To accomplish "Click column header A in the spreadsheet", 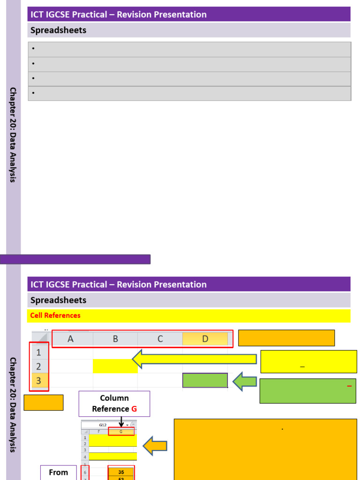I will point(71,339).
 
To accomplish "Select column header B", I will point(115,339).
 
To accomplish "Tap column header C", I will point(160,339).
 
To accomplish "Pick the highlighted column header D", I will point(205,339).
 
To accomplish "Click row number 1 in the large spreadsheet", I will point(39,352).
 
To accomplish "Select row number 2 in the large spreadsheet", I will point(39,367).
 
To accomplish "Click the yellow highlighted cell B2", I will point(115,366).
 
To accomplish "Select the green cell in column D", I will point(205,381).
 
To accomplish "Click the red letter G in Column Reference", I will point(134,409).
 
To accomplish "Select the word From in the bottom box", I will point(58,472).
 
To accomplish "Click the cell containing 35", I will point(121,472).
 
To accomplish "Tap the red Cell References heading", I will point(55,315).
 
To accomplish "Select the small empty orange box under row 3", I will point(43,403).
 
